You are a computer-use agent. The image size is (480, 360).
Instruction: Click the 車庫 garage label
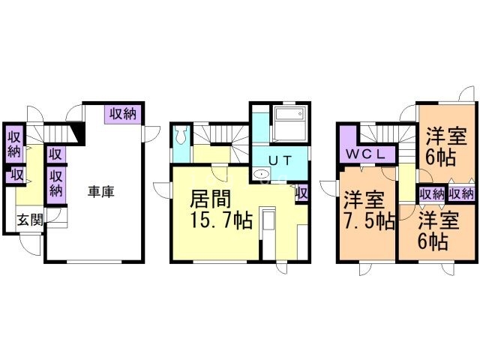pos(101,192)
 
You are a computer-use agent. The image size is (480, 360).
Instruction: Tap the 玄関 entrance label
pos(29,220)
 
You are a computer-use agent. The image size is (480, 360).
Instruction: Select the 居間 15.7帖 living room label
pos(220,210)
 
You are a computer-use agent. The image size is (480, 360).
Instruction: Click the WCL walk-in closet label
pos(366,154)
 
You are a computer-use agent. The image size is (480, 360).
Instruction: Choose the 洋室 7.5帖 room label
pos(368,211)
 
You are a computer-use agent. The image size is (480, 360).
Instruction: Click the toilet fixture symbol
pos(181,136)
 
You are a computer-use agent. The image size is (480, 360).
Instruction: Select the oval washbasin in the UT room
pos(262,174)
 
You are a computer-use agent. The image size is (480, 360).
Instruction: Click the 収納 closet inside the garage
pos(123,115)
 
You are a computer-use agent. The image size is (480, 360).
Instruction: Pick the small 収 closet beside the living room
pos(302,193)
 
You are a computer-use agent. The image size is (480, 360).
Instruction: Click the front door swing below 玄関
pos(30,244)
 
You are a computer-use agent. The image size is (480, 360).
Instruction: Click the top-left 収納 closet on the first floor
pos(14,144)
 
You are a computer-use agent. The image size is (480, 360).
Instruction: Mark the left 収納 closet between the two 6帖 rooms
pos(432,193)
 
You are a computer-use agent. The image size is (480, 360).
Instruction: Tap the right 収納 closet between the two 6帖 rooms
pos(462,193)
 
